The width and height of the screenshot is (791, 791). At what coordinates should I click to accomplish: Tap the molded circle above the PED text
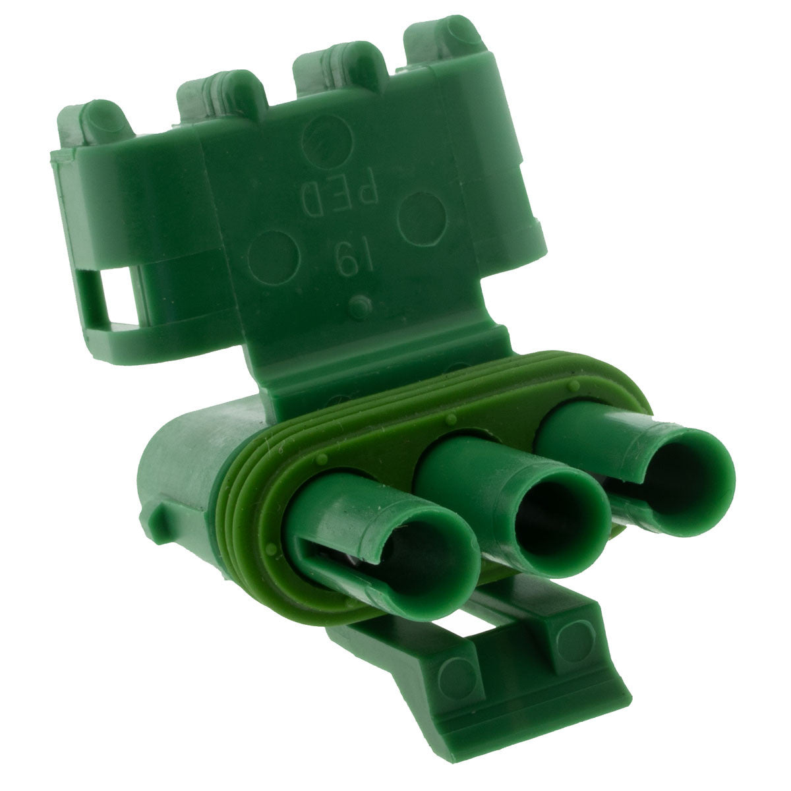tap(327, 141)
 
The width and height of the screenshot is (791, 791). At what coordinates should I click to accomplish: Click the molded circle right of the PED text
tap(422, 218)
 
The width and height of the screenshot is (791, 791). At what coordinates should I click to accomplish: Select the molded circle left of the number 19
tap(274, 257)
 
